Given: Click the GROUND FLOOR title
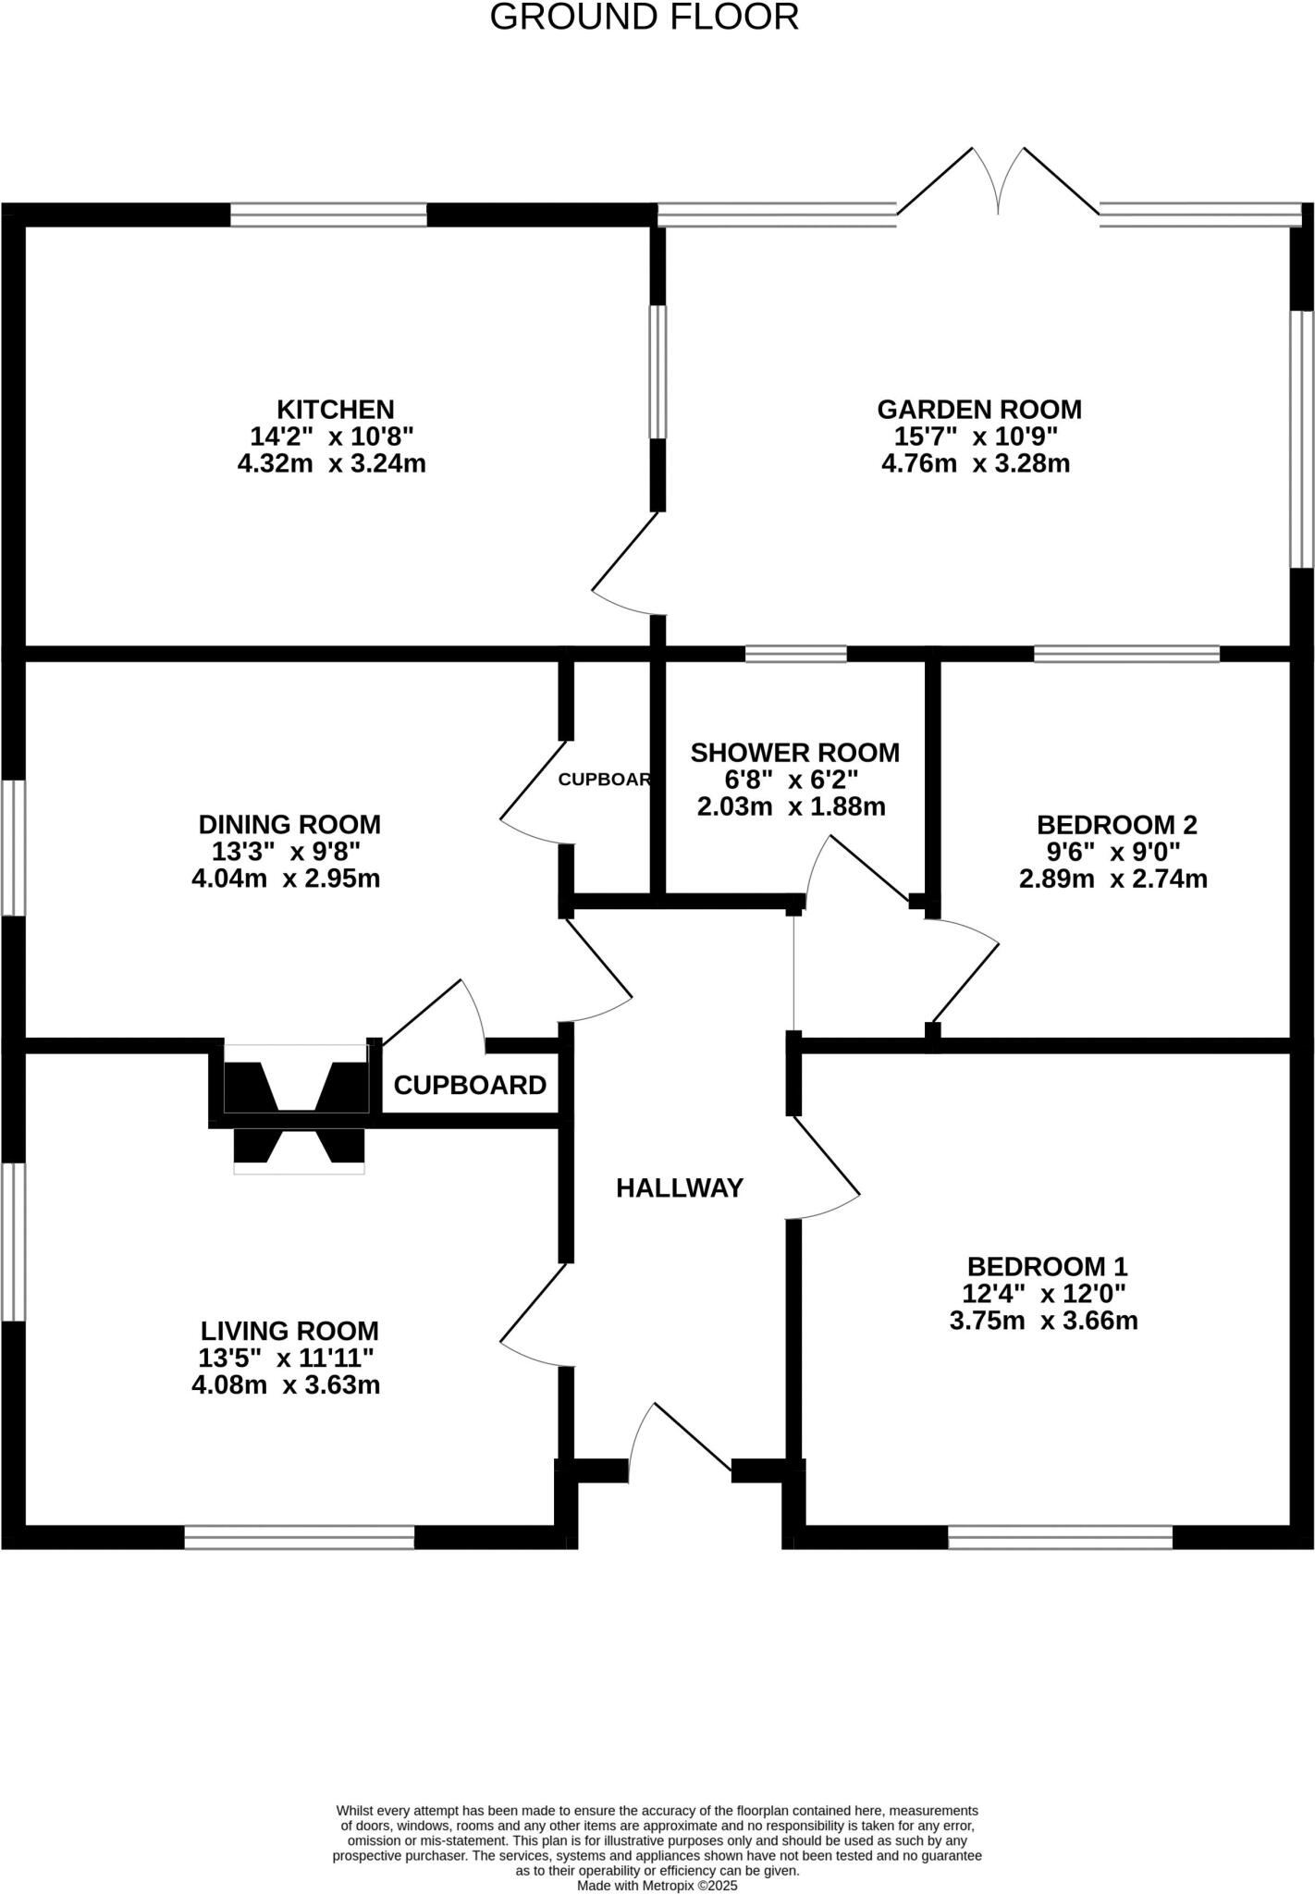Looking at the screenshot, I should coord(644,18).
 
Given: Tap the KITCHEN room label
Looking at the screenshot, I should coord(335,409).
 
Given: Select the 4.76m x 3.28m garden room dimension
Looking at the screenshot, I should coord(975,463).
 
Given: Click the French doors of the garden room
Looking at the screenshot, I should coord(998,185).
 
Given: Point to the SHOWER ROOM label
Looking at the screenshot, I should coord(794,753).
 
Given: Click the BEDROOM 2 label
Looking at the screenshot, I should coord(1116,824).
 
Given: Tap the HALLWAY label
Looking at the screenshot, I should coord(680,1188).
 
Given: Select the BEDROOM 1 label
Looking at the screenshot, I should coord(1047,1266).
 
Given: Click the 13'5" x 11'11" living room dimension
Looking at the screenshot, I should coord(286,1358).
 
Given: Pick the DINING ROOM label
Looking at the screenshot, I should coord(289,824).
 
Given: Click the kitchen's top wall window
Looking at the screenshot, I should coord(328,215).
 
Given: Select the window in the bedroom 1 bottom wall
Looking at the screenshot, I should coord(1060,1537).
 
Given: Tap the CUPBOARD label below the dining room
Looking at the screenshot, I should coord(470,1086).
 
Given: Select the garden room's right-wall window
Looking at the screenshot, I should coord(1302,438).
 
